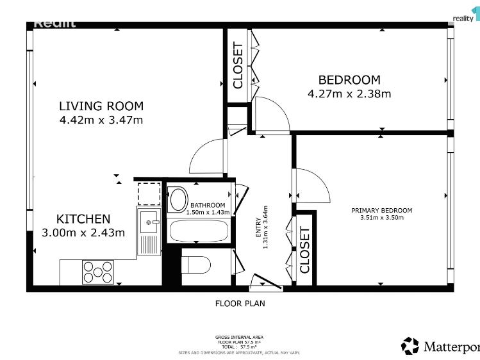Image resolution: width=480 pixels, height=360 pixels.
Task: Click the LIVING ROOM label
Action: pyautogui.click(x=101, y=106)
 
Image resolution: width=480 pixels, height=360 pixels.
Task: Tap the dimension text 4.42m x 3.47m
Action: pyautogui.click(x=101, y=120)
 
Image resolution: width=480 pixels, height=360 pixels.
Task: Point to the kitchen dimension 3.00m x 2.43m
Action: pyautogui.click(x=83, y=233)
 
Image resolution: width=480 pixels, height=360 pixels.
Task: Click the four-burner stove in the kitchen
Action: pyautogui.click(x=98, y=272)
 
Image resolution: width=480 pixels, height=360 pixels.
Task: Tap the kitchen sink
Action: pyautogui.click(x=151, y=222)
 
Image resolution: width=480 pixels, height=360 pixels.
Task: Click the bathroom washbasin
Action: pyautogui.click(x=178, y=199)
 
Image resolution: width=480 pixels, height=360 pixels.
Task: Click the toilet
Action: pyautogui.click(x=197, y=265)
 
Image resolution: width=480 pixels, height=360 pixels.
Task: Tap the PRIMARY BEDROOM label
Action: pyautogui.click(x=381, y=210)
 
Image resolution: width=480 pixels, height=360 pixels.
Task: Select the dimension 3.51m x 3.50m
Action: pyautogui.click(x=381, y=218)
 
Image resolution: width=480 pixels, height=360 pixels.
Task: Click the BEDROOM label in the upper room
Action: pyautogui.click(x=349, y=80)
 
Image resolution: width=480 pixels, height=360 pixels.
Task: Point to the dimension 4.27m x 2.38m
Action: pyautogui.click(x=349, y=94)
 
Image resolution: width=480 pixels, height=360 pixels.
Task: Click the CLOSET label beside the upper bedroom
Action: pyautogui.click(x=238, y=65)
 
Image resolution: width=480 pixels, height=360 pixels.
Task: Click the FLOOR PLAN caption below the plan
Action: pyautogui.click(x=240, y=304)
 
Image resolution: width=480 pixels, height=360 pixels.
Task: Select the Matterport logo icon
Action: pyautogui.click(x=410, y=347)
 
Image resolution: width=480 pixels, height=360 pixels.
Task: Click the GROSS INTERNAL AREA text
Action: pyautogui.click(x=239, y=337)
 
